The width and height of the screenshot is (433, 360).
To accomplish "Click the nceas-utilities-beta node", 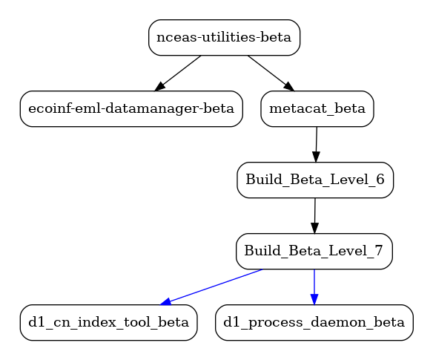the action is (224, 38).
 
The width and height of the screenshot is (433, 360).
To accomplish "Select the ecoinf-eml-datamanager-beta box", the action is (131, 109).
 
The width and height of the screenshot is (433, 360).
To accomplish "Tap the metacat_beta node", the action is (317, 109).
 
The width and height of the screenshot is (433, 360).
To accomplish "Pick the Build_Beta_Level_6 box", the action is (315, 180).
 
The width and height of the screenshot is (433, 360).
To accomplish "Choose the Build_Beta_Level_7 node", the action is (314, 252).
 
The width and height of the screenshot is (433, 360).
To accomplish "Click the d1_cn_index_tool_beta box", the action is (108, 323).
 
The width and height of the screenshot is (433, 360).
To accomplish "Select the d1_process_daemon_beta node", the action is (314, 323).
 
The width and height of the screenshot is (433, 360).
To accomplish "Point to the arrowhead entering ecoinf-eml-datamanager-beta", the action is (160, 86).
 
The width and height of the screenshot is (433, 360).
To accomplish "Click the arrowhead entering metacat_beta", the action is (288, 86).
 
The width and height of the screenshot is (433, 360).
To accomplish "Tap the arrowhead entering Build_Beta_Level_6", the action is (316, 157).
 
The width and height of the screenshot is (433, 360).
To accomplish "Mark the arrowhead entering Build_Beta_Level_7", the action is (314, 228).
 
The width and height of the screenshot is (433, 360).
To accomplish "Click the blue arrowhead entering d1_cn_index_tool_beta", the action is (165, 301).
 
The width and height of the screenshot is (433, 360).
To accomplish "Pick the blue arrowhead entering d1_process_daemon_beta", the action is (314, 299).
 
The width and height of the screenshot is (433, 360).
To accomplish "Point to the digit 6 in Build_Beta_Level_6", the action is (380, 180).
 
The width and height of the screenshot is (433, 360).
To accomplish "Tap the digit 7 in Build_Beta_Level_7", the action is (379, 251).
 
